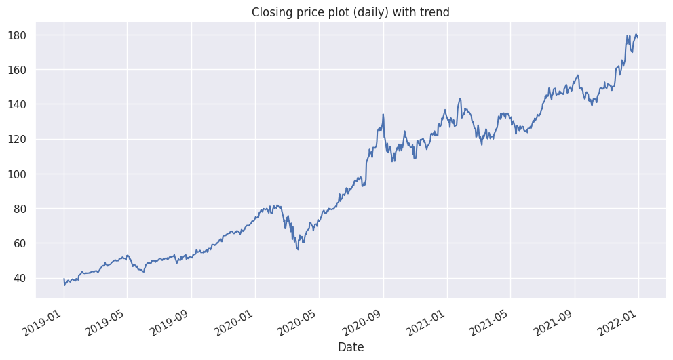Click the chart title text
pos(350,12)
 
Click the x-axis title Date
pos(350,347)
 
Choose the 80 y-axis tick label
pos(24,209)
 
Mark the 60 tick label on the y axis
pos(24,243)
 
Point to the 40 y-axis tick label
pos(24,278)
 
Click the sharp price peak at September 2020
pos(383,114)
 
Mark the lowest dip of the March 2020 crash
pos(298,249)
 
